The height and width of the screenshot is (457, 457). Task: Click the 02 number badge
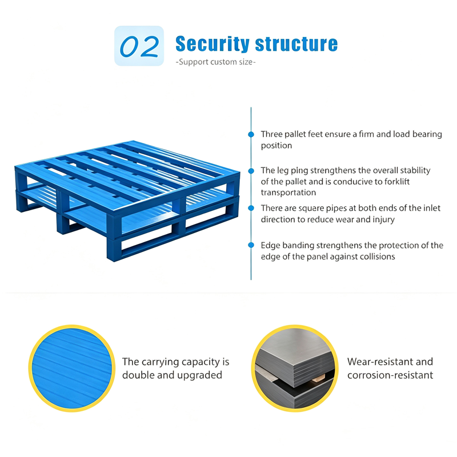[x=139, y=46]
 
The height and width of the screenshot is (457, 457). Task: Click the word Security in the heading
[x=213, y=44]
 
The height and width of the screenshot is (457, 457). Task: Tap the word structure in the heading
[x=296, y=44]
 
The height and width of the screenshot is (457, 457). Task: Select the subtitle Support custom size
[x=216, y=62]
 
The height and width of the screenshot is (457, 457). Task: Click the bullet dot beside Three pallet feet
[x=251, y=134]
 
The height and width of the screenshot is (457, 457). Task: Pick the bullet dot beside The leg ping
[x=251, y=171]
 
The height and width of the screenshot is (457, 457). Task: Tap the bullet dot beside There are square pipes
[x=251, y=208]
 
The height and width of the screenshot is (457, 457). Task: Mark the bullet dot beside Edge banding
[x=251, y=245]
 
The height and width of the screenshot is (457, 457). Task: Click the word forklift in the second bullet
[x=397, y=182]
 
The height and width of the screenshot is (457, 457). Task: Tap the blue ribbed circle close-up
[x=72, y=368]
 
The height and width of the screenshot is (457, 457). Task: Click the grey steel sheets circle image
[x=295, y=368]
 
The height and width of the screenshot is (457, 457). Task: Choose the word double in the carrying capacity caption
[x=138, y=375]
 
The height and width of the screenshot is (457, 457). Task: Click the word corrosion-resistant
[x=390, y=375]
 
